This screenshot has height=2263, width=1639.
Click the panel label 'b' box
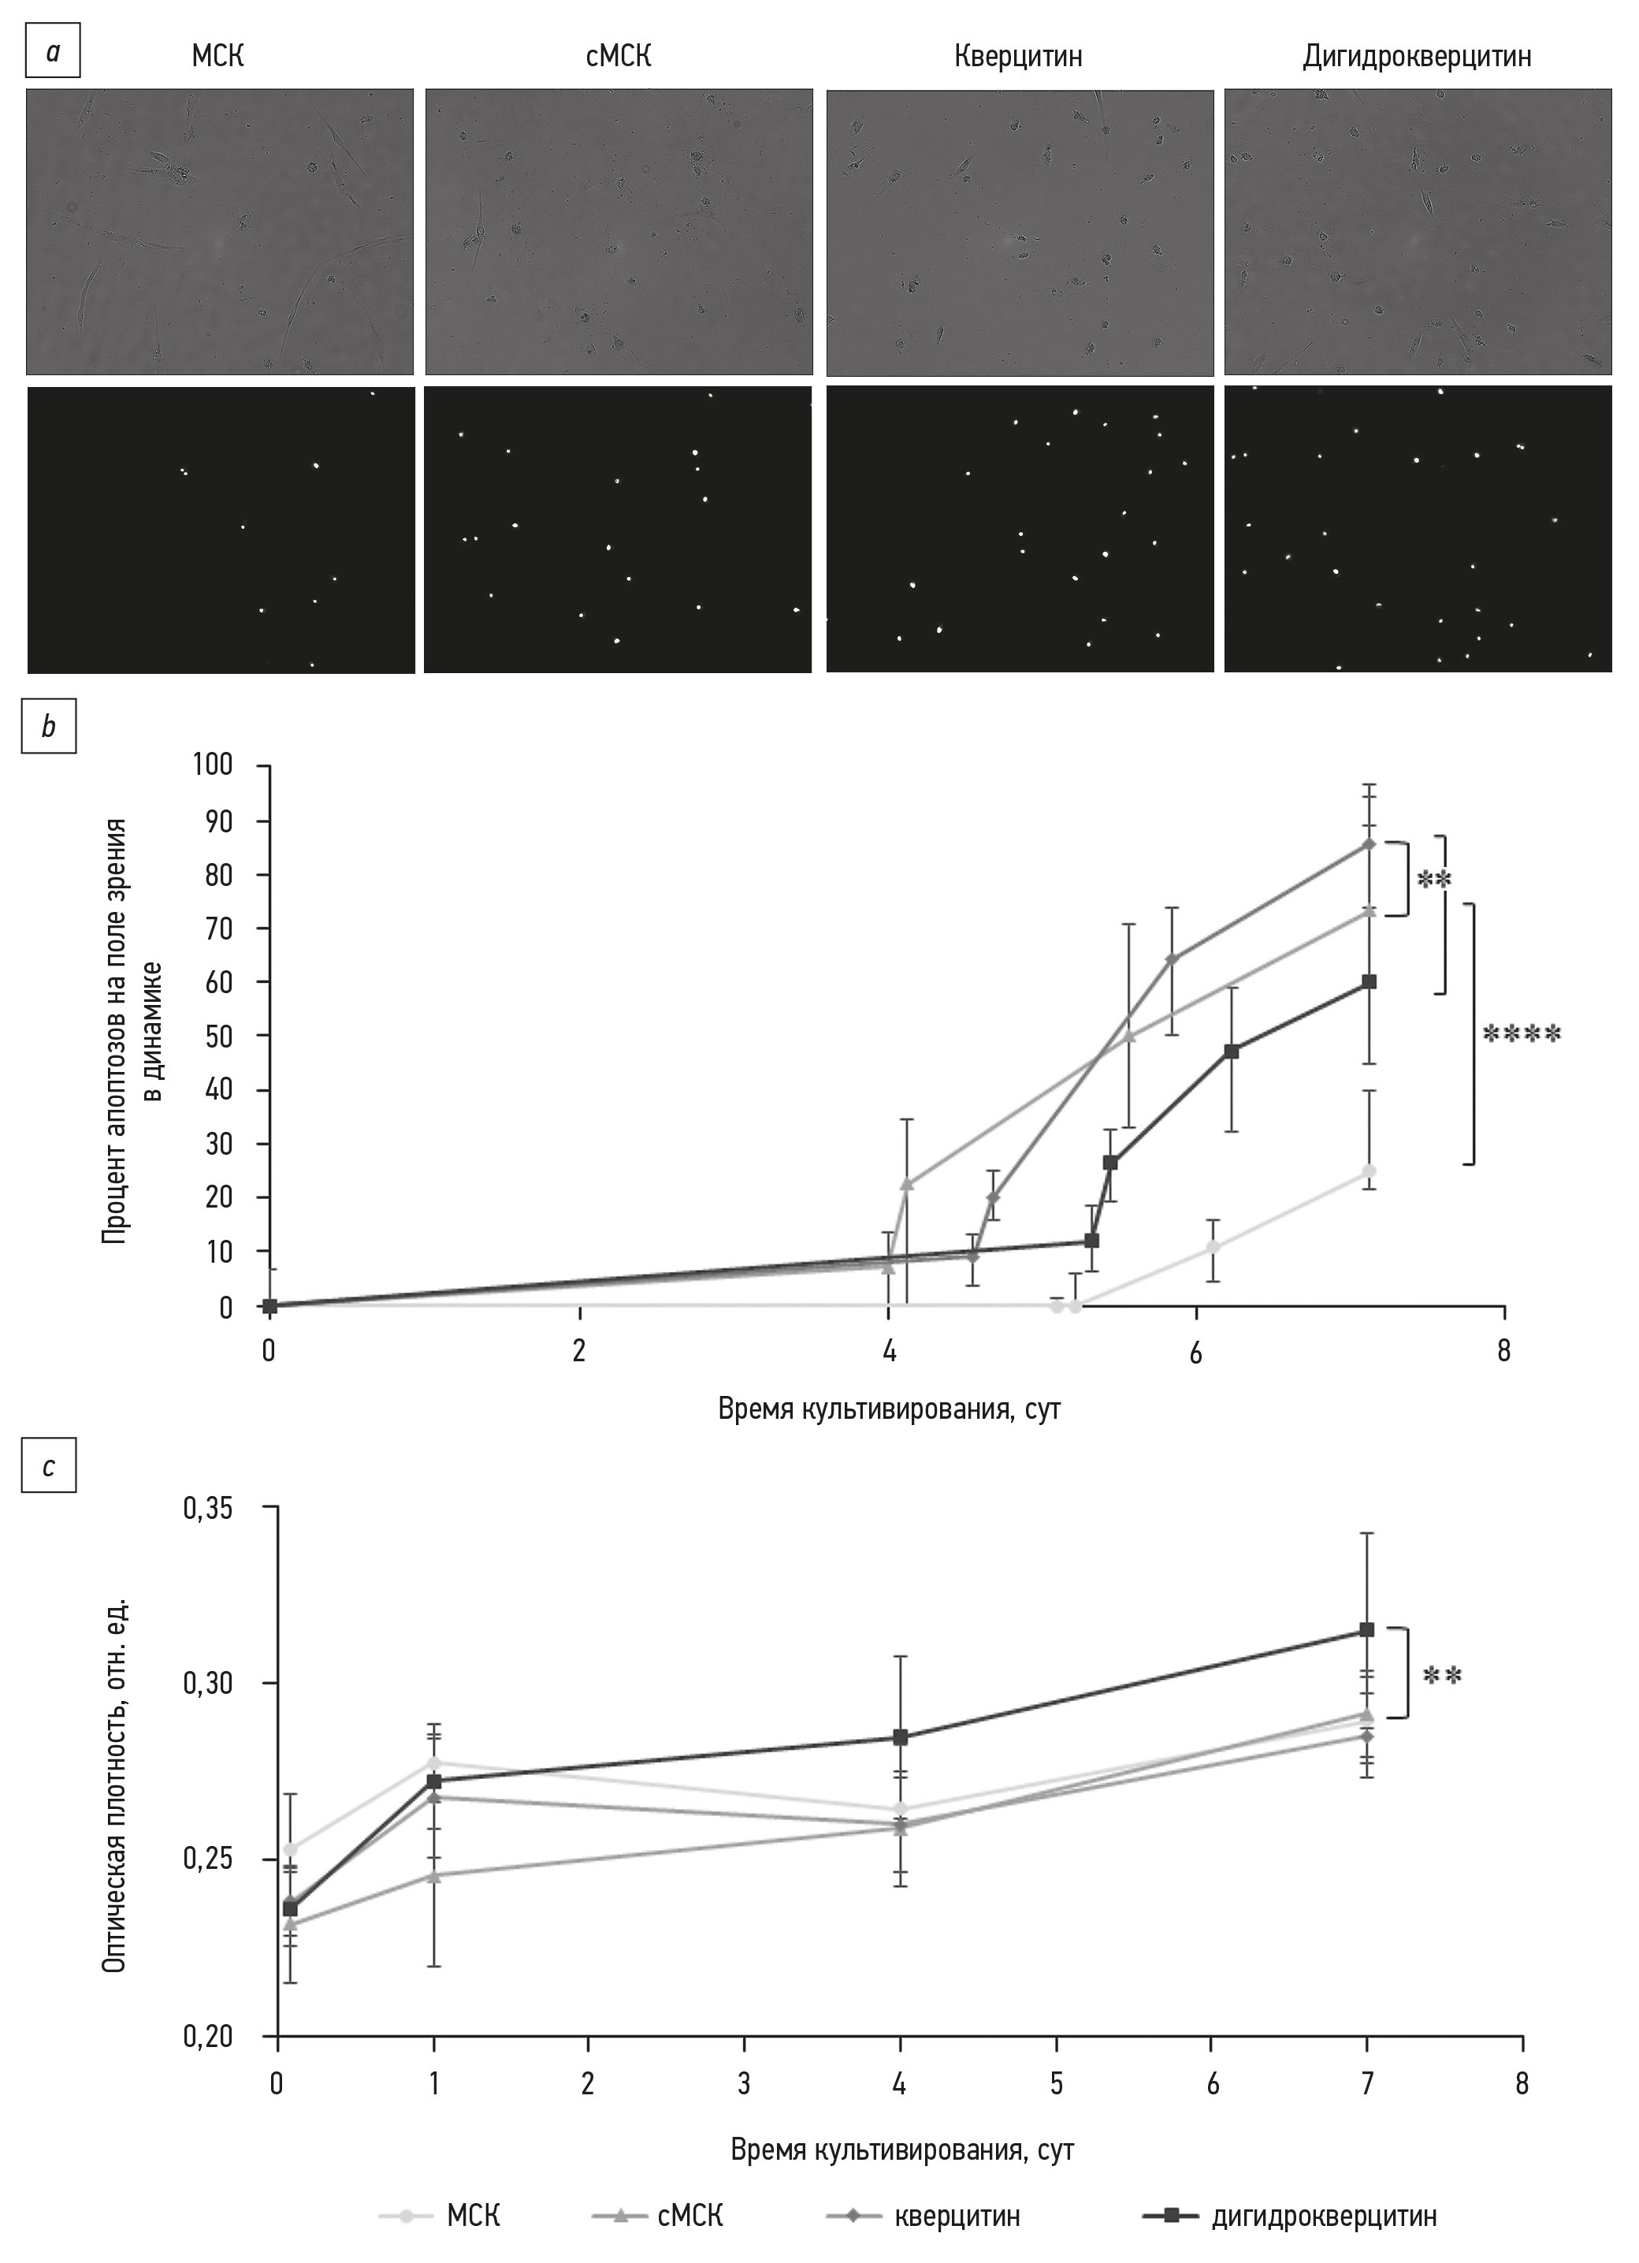49,728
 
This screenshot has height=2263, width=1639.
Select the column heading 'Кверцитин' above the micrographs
1017,57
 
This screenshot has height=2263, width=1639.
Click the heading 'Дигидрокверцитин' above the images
1417,57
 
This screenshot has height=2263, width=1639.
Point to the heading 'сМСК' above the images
619,57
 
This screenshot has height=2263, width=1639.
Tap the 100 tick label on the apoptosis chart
213,765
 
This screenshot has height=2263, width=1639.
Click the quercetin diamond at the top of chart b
1369,844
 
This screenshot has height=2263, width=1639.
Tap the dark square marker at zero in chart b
269,1305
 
